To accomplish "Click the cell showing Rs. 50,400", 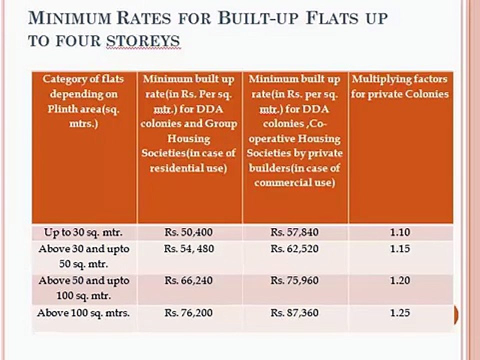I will [x=188, y=232].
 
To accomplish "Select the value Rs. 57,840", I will [x=294, y=232].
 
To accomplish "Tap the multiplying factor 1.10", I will [x=400, y=232].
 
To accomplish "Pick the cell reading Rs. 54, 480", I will [x=188, y=249].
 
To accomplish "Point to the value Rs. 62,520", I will [x=294, y=249].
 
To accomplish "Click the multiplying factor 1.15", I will [x=400, y=249].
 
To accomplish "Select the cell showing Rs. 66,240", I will [x=188, y=281].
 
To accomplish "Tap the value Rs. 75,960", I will [x=294, y=281].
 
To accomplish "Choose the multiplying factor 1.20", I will [x=400, y=281].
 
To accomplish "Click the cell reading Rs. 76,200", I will [x=188, y=313].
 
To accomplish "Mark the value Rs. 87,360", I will [x=294, y=313].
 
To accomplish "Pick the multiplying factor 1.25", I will [x=400, y=313].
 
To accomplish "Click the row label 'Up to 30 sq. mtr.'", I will [x=83, y=232].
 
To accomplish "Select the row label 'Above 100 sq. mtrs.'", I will [x=83, y=313].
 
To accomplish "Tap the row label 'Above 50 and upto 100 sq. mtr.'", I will [x=83, y=288].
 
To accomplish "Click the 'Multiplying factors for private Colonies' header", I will [x=399, y=86].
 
